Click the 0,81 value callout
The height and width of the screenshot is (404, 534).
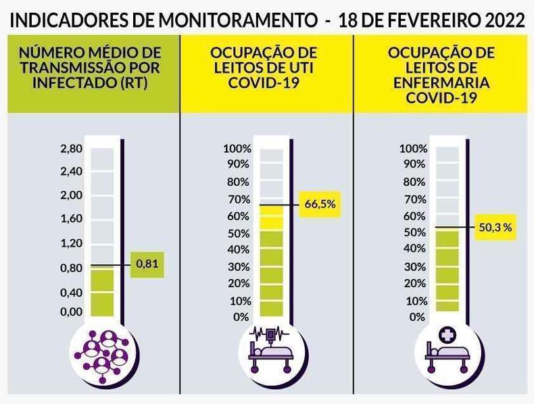(x=147, y=264)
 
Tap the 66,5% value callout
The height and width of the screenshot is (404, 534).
(x=320, y=204)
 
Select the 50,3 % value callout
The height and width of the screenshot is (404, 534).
(x=495, y=228)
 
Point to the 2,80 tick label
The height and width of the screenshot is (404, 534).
(x=71, y=149)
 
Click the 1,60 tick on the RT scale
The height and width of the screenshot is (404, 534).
(x=71, y=219)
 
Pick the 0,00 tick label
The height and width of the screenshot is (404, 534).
(x=71, y=312)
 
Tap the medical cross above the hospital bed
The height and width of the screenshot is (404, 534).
(x=446, y=334)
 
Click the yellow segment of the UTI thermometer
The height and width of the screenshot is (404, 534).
(x=272, y=218)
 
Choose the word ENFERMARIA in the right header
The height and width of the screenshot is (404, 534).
(x=441, y=82)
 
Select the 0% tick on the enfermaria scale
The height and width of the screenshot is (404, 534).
(x=417, y=317)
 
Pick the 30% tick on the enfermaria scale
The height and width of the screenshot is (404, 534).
(x=414, y=267)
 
